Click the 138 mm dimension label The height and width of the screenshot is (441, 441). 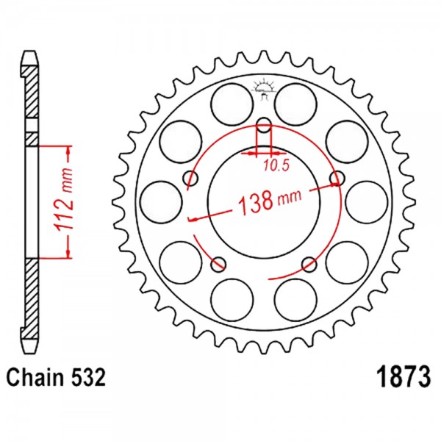click(270, 200)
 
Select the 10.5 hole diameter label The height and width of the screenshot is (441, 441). click(276, 166)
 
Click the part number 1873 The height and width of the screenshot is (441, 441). click(404, 377)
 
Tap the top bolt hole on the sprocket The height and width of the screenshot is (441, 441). click(264, 125)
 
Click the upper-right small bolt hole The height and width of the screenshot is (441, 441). click(337, 179)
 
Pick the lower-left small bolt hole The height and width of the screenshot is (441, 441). click(218, 265)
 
